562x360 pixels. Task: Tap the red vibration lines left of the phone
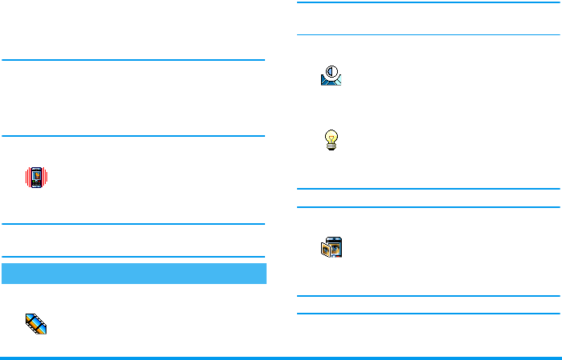click(27, 177)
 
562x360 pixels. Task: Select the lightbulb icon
click(331, 141)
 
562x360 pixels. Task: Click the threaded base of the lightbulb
click(331, 148)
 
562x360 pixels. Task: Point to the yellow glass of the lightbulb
click(331, 138)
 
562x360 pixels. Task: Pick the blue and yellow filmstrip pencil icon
click(37, 323)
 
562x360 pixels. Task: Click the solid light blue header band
click(134, 273)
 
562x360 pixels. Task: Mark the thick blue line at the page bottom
click(281, 357)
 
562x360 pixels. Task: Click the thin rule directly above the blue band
click(134, 257)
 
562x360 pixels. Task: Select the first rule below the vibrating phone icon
click(134, 224)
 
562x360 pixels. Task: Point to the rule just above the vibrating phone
click(134, 136)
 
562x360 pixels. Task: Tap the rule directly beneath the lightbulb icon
click(428, 189)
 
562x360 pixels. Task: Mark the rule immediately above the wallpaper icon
click(428, 206)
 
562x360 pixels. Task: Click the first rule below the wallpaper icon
click(428, 296)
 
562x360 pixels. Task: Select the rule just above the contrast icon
click(428, 34)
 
